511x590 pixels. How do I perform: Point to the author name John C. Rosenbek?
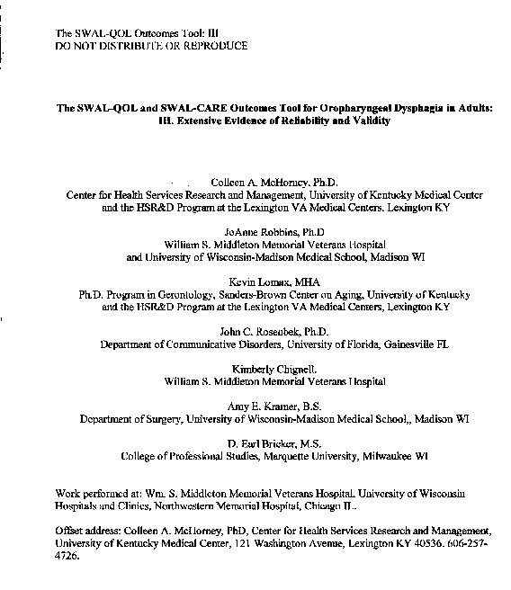(264, 331)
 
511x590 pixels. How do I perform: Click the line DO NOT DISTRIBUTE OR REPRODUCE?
(151, 45)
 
